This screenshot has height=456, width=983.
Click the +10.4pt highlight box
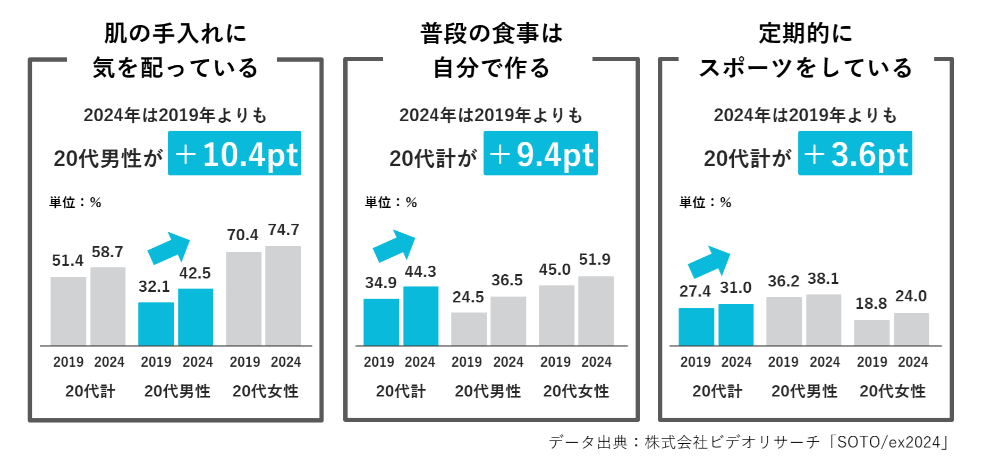click(234, 153)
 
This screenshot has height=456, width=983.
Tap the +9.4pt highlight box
click(540, 153)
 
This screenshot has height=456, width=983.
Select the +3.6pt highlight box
click(855, 153)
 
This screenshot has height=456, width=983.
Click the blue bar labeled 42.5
click(196, 317)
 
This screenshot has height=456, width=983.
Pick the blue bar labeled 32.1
click(156, 324)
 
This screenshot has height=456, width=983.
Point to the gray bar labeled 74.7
click(283, 296)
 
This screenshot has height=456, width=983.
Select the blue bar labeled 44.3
click(421, 316)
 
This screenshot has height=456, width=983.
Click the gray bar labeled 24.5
click(469, 329)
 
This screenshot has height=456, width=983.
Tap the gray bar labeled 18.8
click(871, 333)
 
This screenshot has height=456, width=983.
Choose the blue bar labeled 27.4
click(696, 327)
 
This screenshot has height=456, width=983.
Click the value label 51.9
click(595, 259)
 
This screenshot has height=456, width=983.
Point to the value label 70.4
click(242, 235)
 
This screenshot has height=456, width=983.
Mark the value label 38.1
click(823, 278)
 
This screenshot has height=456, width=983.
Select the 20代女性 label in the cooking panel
click(576, 391)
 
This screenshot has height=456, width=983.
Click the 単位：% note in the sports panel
click(705, 202)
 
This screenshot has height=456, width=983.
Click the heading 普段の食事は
click(491, 33)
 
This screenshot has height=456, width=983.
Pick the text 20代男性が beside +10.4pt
click(108, 158)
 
